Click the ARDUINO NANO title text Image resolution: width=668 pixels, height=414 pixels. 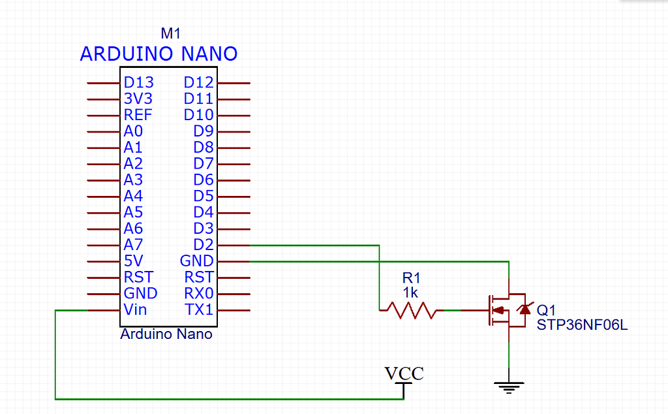(159, 54)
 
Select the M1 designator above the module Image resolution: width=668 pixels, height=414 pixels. (170, 34)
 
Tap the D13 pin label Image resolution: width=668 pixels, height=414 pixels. (138, 83)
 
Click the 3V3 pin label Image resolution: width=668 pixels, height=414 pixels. (138, 99)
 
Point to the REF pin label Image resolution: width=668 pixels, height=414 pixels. (138, 116)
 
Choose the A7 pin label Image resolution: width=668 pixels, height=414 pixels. (133, 245)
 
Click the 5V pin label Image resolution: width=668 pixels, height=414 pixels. (133, 261)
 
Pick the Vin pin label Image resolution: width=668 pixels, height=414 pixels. (135, 310)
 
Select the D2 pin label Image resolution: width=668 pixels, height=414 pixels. (204, 245)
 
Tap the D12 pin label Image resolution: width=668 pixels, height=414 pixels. (198, 83)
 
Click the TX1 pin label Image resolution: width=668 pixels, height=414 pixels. (198, 310)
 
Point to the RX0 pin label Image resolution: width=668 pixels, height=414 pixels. (198, 293)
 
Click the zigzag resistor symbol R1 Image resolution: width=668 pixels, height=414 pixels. (410, 310)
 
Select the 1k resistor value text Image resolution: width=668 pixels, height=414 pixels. (410, 292)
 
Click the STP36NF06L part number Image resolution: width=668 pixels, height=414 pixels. (582, 325)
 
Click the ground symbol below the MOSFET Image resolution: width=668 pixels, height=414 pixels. (509, 387)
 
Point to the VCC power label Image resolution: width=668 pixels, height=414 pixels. (404, 374)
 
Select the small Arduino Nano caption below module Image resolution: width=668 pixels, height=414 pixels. (166, 334)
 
